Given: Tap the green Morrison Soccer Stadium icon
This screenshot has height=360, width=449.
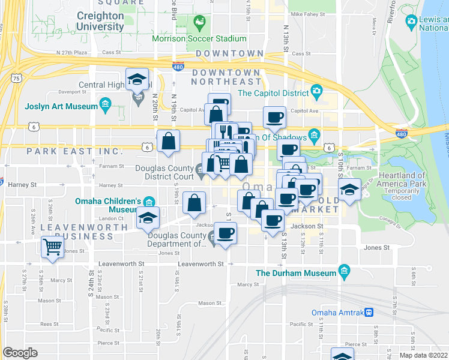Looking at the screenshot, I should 199,24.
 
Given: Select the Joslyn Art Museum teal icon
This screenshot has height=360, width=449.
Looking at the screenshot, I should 106,106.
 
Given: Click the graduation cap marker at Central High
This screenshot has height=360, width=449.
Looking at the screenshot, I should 137,79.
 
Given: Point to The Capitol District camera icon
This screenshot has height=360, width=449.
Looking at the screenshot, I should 316,92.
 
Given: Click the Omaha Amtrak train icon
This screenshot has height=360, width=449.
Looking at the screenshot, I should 370,312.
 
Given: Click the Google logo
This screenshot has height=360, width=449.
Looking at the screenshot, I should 20,352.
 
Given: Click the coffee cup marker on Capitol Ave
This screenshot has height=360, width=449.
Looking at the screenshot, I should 275,117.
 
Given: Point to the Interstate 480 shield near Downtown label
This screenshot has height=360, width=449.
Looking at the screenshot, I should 178,66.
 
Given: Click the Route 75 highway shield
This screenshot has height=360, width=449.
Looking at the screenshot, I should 17,78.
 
